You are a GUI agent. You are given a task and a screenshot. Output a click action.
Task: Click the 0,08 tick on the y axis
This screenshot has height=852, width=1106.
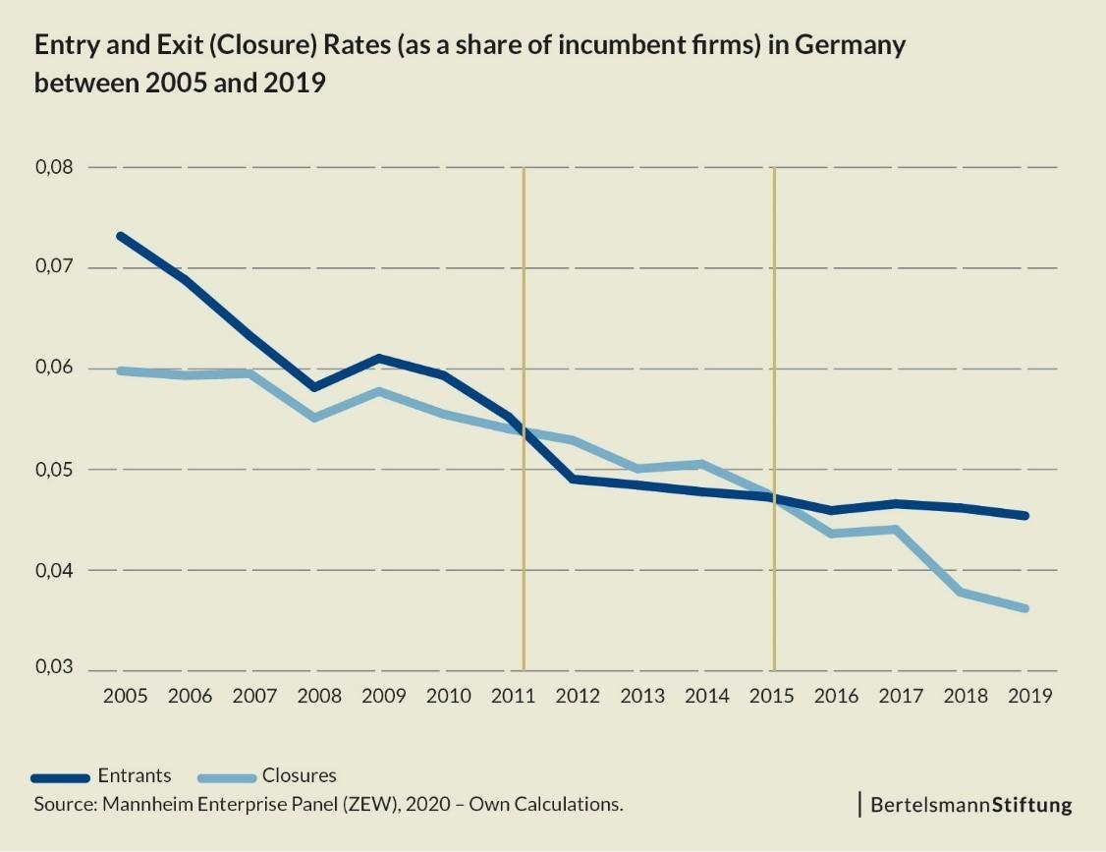pyautogui.click(x=54, y=167)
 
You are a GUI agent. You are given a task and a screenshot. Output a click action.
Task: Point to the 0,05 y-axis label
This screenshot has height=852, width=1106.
pyautogui.click(x=54, y=470)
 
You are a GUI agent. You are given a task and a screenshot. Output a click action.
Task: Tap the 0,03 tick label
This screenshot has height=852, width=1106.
pyautogui.click(x=54, y=668)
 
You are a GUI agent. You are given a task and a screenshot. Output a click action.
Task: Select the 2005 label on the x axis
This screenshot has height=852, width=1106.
pyautogui.click(x=125, y=696)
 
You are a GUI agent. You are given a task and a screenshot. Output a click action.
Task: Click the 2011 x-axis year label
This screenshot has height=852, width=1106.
pyautogui.click(x=512, y=696)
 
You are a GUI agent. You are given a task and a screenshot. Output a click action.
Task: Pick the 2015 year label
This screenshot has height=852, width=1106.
pyautogui.click(x=771, y=696)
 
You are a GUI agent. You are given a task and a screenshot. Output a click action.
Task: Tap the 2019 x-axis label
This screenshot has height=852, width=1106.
pyautogui.click(x=1028, y=696)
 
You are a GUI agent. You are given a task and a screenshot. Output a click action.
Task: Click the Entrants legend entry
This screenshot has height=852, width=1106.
pyautogui.click(x=134, y=775)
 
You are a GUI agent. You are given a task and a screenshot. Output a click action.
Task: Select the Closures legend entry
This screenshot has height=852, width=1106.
pyautogui.click(x=299, y=775)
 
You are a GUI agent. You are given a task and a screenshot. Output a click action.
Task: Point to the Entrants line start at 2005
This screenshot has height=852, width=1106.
pyautogui.click(x=120, y=236)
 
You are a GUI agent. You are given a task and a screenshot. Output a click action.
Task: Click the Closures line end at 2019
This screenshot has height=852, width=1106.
pyautogui.click(x=1025, y=609)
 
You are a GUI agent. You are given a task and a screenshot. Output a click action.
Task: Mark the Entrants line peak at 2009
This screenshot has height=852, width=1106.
pyautogui.click(x=379, y=358)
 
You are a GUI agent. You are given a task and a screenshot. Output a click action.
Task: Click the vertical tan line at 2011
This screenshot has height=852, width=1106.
pyautogui.click(x=524, y=295)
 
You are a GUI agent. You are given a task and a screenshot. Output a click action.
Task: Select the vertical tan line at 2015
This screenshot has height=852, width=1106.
pyautogui.click(x=775, y=295)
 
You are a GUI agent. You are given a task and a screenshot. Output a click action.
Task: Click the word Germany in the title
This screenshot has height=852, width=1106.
pyautogui.click(x=850, y=46)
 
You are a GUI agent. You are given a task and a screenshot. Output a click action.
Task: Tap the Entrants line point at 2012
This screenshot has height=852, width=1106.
pyautogui.click(x=572, y=480)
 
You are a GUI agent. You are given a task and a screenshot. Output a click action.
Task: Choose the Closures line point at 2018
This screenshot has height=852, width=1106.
pyautogui.click(x=961, y=592)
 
